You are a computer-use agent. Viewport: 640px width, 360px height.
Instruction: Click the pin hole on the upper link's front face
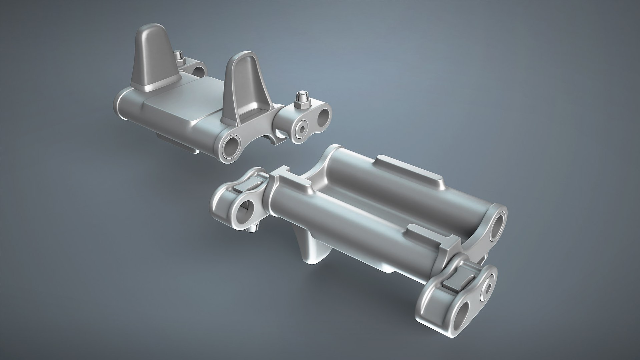click(x=232, y=147)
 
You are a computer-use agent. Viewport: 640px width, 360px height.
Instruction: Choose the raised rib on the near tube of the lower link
click(x=430, y=237)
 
